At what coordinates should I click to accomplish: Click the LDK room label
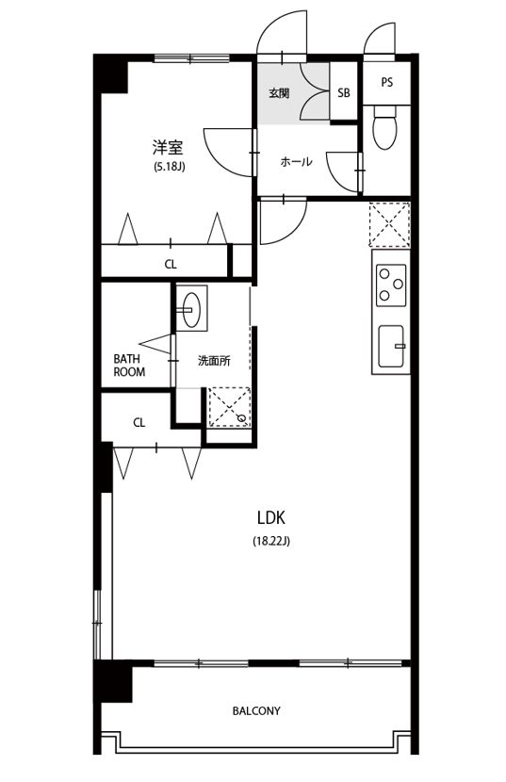coord(271,517)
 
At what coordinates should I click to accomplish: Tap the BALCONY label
coord(256,710)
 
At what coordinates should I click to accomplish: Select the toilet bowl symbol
coord(384,128)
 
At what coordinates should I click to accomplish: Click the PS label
coord(386,82)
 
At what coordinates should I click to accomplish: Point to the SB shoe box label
coord(344,92)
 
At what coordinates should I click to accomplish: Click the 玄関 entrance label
coord(279,93)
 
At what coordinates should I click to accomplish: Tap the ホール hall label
coord(297,162)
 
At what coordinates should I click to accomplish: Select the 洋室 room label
coord(168,148)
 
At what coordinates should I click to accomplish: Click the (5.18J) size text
coord(170,167)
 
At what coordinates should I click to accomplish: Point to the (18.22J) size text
coord(271,541)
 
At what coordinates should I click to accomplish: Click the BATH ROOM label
coord(129,365)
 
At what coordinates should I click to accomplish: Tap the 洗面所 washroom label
coord(214,361)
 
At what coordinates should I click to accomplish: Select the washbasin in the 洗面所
coord(191,308)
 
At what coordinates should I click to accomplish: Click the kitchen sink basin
coord(391,346)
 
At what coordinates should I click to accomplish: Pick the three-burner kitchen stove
coord(391,285)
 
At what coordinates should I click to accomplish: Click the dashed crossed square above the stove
coord(389,224)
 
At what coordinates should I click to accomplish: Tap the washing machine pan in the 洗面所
coord(229,407)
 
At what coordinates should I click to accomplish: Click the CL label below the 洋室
coord(171,265)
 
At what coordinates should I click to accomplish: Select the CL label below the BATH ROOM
coord(139,423)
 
